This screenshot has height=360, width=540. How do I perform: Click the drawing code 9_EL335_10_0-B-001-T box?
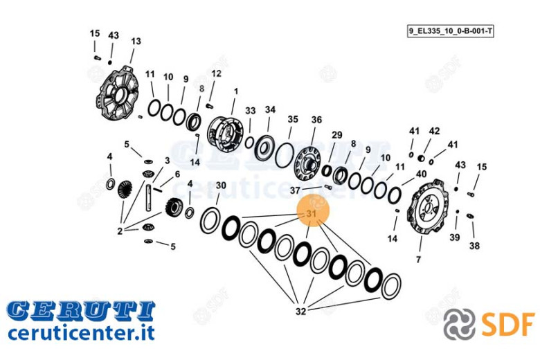tap(450, 31)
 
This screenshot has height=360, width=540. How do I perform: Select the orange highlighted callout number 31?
tap(312, 214)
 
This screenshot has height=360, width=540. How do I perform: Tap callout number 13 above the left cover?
tap(136, 41)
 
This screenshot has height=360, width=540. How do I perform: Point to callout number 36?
tap(316, 120)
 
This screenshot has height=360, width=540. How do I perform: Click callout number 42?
tap(434, 131)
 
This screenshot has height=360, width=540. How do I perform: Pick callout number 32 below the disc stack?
tap(300, 311)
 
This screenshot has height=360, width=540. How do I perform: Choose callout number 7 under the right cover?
tap(418, 259)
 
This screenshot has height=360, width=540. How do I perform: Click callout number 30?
tap(221, 186)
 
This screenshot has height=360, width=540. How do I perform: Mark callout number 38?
tap(474, 246)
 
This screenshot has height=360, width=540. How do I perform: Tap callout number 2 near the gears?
tap(120, 231)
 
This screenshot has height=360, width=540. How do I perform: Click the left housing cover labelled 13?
tap(117, 92)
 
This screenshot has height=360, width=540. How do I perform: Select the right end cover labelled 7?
tap(428, 208)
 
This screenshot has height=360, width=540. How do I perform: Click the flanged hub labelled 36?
tap(307, 163)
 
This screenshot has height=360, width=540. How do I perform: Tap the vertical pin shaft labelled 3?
tap(148, 198)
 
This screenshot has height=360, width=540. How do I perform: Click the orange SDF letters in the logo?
tap(508, 325)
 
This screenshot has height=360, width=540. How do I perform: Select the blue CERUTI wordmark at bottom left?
tap(81, 310)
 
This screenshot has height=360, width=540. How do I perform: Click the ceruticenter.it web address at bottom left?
tap(81, 333)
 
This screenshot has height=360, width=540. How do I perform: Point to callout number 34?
tap(270, 109)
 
